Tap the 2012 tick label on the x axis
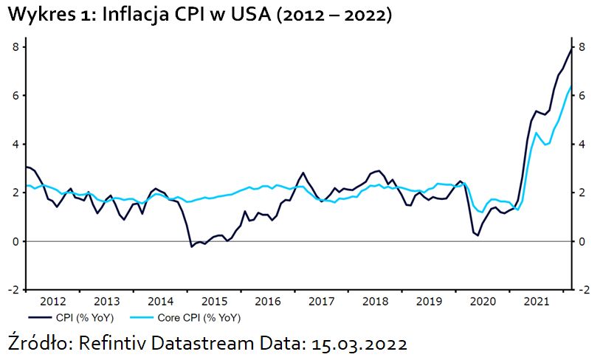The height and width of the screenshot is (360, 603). click(x=53, y=302)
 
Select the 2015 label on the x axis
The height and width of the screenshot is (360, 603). click(x=214, y=302)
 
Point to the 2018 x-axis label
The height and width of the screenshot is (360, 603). click(x=376, y=302)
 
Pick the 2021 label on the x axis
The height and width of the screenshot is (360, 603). click(x=537, y=302)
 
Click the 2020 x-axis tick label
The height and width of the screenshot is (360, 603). click(x=483, y=302)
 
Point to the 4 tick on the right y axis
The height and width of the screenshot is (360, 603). click(x=581, y=145)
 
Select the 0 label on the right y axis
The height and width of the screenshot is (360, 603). click(x=581, y=242)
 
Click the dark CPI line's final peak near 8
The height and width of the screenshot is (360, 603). click(x=571, y=49)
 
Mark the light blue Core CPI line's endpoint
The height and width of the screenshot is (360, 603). click(x=571, y=86)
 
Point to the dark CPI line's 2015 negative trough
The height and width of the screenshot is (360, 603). click(x=192, y=246)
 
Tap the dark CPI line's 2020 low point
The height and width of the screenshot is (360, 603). click(x=478, y=235)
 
